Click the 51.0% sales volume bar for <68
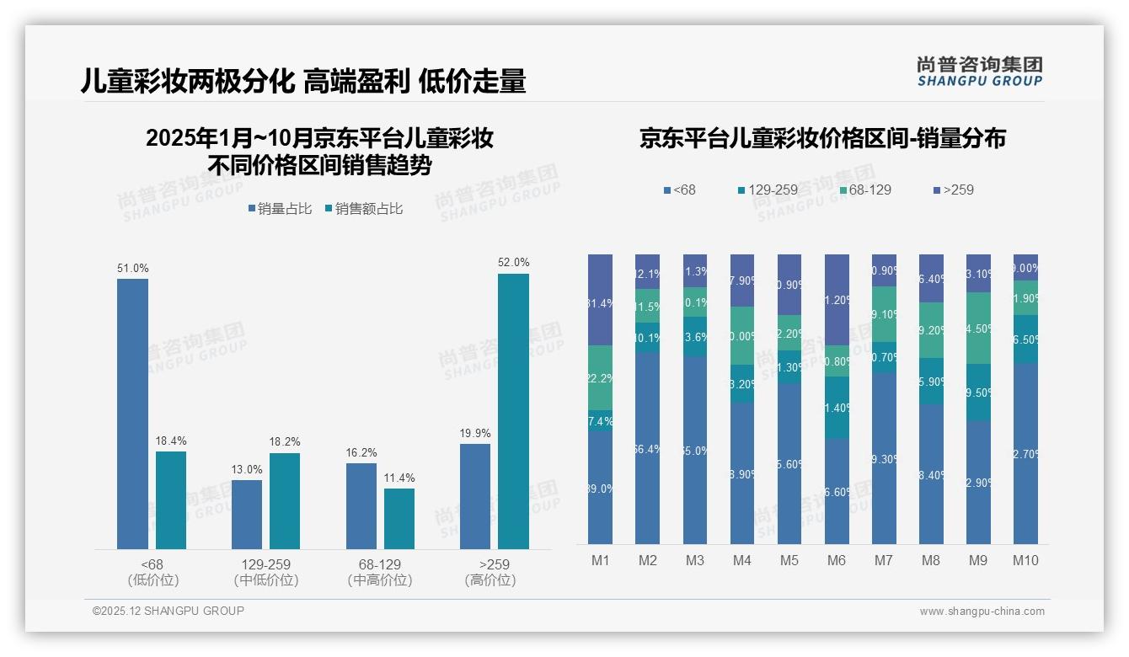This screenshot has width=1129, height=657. pyautogui.click(x=132, y=414)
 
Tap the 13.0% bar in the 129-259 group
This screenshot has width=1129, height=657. pyautogui.click(x=247, y=514)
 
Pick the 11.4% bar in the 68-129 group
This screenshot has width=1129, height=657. pyautogui.click(x=399, y=518)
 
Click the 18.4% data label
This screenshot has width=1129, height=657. pyautogui.click(x=171, y=441)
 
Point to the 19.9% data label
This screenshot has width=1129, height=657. pyautogui.click(x=475, y=433)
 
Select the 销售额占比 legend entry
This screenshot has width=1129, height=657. pyautogui.click(x=363, y=209)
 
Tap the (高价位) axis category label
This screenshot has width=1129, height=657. pyautogui.click(x=490, y=580)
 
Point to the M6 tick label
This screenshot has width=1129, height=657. pyautogui.click(x=837, y=561)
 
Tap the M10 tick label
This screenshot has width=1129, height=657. pyautogui.click(x=1025, y=561)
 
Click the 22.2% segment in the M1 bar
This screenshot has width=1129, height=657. pyautogui.click(x=601, y=378)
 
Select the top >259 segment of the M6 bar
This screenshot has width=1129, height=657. pyautogui.click(x=837, y=299)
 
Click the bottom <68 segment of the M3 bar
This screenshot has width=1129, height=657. pyautogui.click(x=695, y=450)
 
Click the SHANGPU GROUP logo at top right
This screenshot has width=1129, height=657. pyautogui.click(x=979, y=72)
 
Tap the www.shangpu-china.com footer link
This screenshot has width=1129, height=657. pyautogui.click(x=982, y=612)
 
